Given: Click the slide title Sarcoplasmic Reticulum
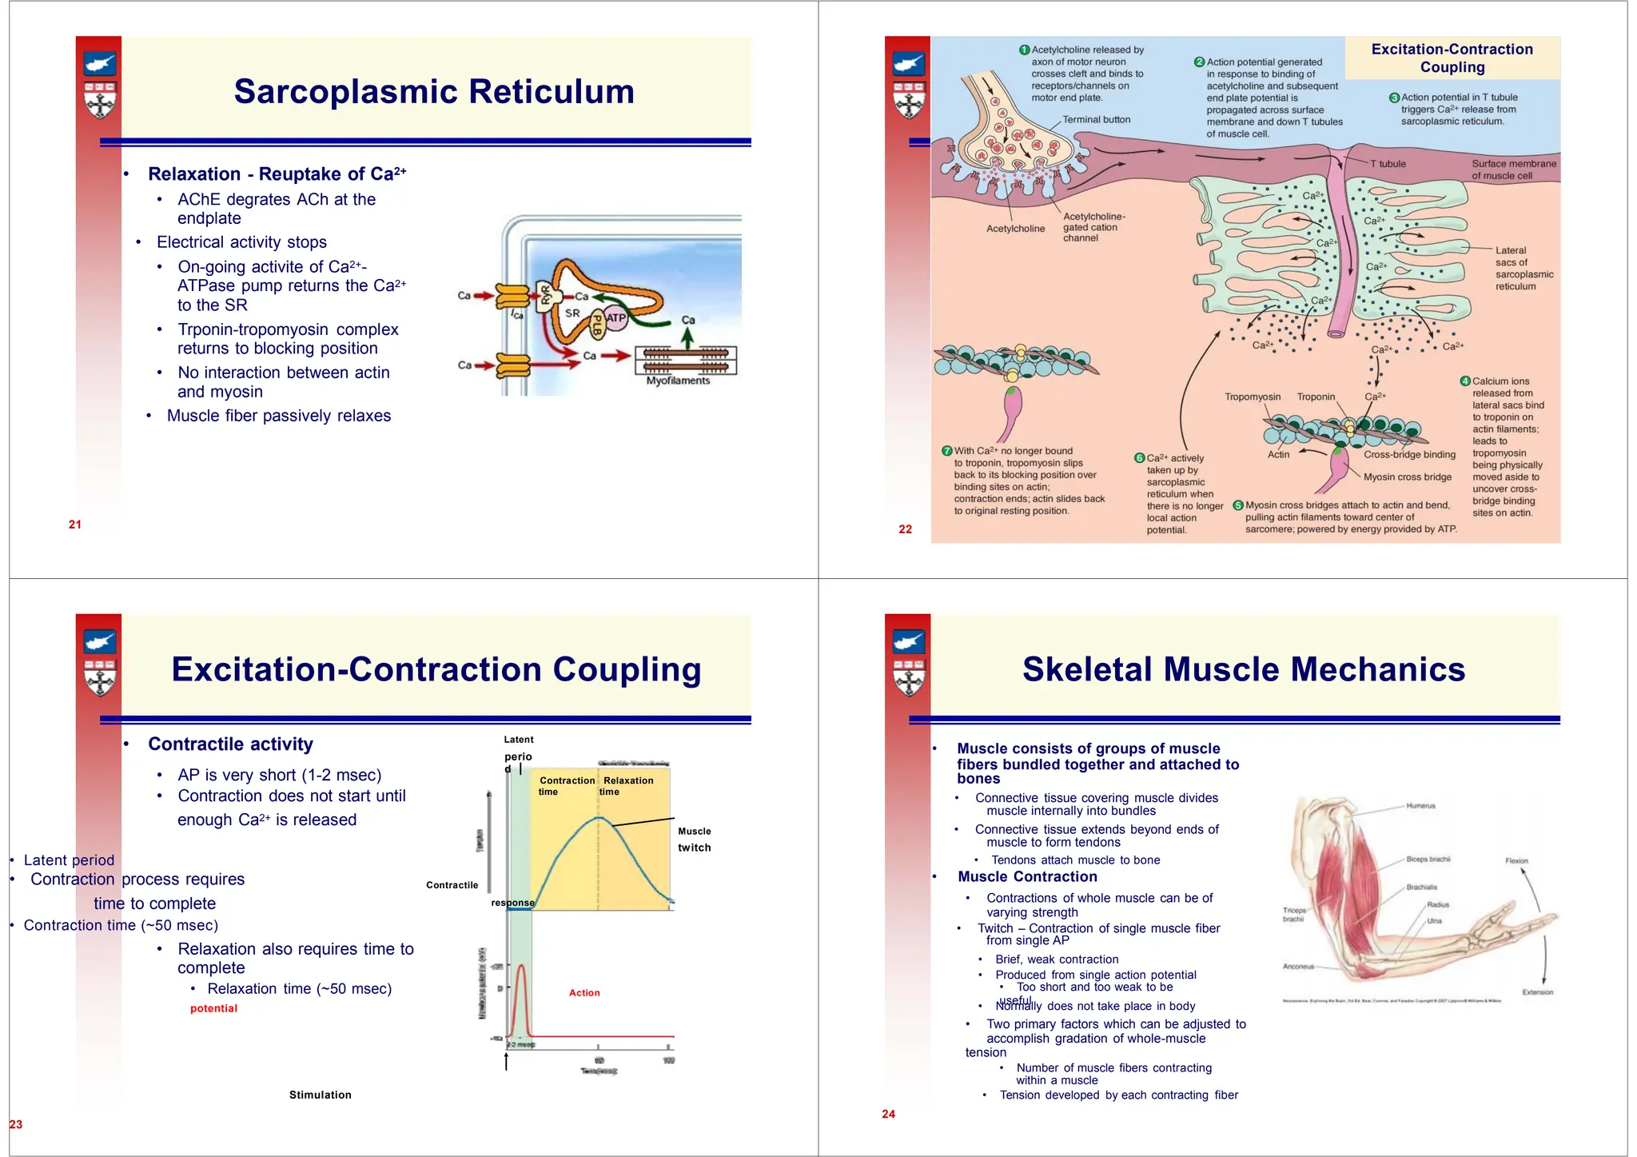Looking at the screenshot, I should tap(434, 92).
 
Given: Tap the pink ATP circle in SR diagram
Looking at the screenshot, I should tap(615, 317).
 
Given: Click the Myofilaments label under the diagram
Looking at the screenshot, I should tap(678, 381).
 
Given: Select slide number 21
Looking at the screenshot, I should tap(75, 525).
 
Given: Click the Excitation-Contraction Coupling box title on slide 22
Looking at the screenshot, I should tap(1452, 58).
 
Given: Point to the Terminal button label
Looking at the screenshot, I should tap(1097, 120).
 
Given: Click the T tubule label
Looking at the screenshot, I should tap(1388, 164).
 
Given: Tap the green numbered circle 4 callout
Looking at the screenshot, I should tap(1465, 381).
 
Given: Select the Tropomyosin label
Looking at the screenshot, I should tap(1253, 397).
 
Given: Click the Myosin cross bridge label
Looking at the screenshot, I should tap(1408, 477).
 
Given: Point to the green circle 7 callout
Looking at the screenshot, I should tap(947, 451).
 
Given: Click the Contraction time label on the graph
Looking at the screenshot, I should tap(566, 785).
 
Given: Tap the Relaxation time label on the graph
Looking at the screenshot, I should tap(627, 785).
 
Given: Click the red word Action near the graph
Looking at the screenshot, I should tap(584, 992).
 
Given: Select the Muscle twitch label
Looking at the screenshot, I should tap(695, 840).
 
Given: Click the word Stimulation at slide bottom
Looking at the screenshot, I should tap(320, 1095).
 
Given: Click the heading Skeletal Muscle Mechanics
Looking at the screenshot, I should tap(1244, 669).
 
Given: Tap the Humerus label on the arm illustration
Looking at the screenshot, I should tap(1421, 805).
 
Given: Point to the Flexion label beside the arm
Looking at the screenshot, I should tap(1516, 861).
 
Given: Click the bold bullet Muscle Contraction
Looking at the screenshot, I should tap(1027, 876).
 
